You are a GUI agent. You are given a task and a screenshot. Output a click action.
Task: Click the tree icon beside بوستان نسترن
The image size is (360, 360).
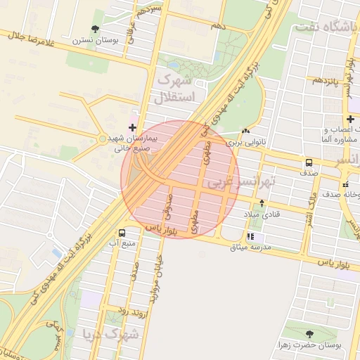[x=95, y=29]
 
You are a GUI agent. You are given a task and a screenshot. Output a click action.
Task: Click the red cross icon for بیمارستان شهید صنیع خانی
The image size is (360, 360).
[x=133, y=127]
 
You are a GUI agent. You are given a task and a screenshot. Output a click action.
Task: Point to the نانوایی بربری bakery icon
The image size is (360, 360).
[x=245, y=131]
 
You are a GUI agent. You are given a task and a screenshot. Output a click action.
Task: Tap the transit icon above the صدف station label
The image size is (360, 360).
[x=309, y=162]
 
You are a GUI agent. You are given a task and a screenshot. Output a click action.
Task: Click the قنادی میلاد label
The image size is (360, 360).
[x=261, y=214]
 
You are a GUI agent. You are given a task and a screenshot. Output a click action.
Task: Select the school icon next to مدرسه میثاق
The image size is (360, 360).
[x=250, y=237]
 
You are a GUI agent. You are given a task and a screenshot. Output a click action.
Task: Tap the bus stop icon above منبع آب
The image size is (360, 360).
[x=122, y=233]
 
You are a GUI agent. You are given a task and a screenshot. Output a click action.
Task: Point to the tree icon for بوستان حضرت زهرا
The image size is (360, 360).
[x=310, y=334]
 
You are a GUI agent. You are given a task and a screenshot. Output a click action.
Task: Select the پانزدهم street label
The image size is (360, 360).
[x=326, y=80]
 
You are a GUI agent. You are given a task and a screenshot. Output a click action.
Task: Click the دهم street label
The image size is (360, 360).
[x=217, y=26]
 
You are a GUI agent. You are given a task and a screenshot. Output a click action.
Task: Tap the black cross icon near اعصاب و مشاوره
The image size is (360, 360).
[x=349, y=119]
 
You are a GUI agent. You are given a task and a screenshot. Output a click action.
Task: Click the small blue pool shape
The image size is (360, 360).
[x=56, y=251]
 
